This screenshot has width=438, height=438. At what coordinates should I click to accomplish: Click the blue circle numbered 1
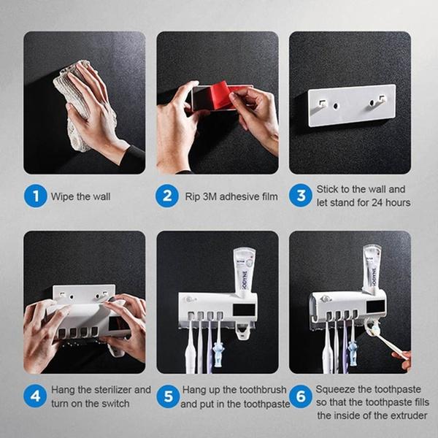click(x=35, y=196)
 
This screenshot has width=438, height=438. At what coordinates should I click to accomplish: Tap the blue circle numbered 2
click(x=168, y=196)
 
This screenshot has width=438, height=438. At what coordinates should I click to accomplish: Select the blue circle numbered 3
click(x=300, y=196)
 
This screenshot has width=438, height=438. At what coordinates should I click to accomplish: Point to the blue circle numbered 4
click(x=35, y=396)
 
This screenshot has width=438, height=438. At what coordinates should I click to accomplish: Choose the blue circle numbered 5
click(x=168, y=396)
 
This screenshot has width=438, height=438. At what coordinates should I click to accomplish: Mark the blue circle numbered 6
click(x=300, y=396)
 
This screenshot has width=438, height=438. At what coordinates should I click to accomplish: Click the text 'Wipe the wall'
click(x=80, y=196)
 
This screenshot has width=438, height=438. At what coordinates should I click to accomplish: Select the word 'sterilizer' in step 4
click(x=112, y=390)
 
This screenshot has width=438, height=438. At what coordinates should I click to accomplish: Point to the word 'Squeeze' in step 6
click(x=336, y=390)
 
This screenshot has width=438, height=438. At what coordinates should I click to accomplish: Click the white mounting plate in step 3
click(x=350, y=105)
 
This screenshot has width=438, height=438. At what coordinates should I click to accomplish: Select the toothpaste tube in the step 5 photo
click(x=244, y=270)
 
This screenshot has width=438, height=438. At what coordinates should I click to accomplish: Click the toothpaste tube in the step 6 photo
click(x=372, y=266)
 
